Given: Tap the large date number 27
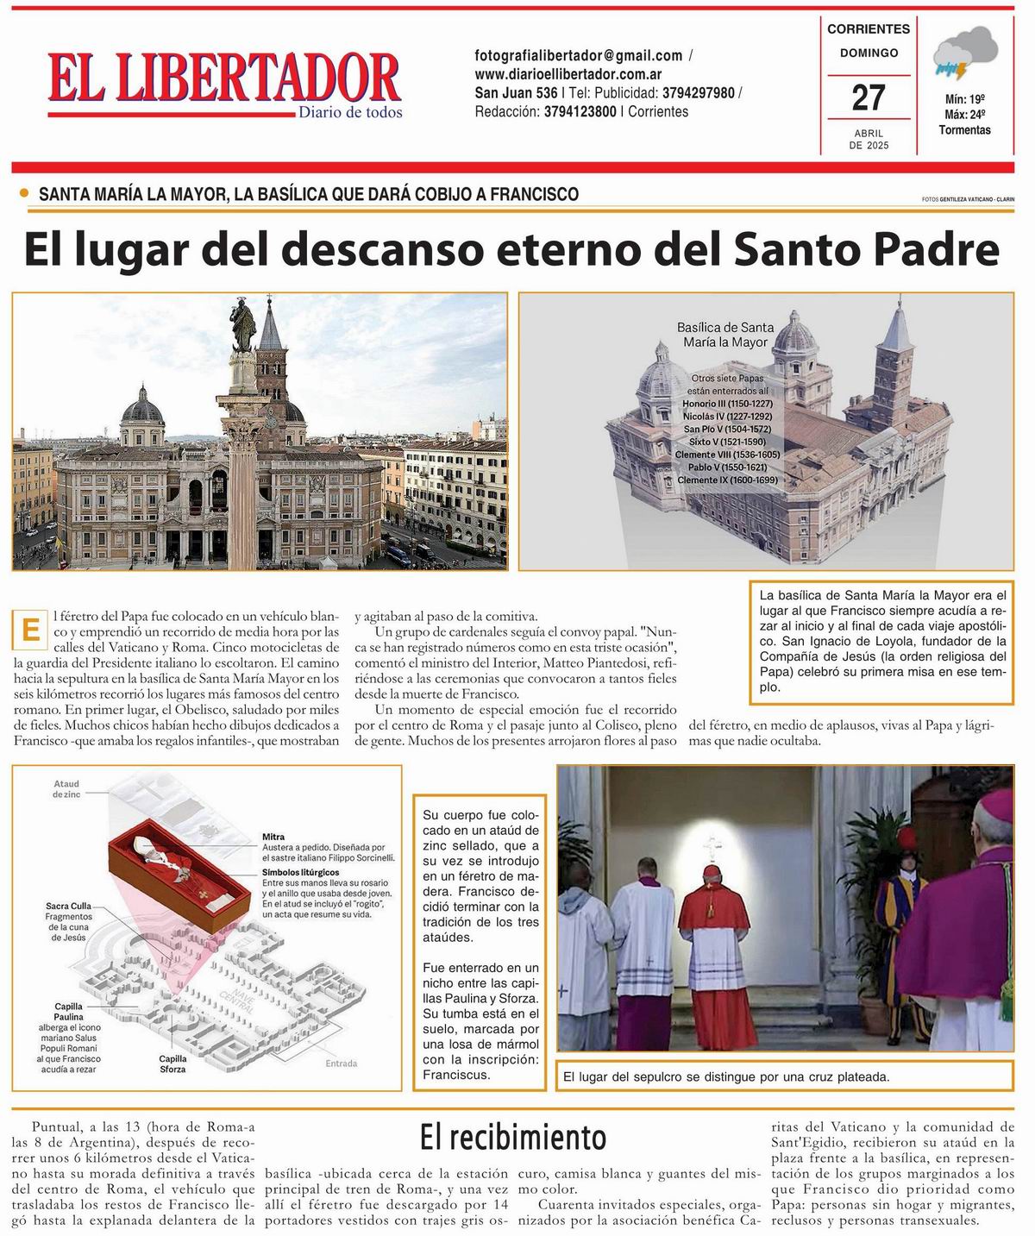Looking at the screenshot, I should [x=869, y=97].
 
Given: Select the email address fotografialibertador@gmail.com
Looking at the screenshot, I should [x=579, y=55].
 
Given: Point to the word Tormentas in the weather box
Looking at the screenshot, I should [x=965, y=130].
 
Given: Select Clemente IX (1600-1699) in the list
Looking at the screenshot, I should [x=727, y=480].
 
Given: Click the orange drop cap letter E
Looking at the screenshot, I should [x=30, y=629].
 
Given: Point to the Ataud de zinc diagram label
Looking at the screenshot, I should [x=66, y=788].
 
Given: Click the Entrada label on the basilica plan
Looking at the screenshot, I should [x=342, y=1063].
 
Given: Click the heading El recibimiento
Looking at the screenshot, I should [x=513, y=1137].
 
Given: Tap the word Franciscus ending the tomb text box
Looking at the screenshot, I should [x=456, y=1075].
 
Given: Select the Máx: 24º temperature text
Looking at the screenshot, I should [x=965, y=114].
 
